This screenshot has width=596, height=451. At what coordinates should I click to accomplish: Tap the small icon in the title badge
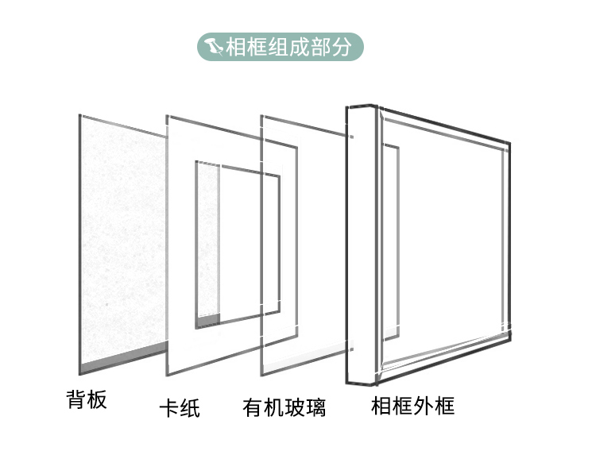tap(214, 47)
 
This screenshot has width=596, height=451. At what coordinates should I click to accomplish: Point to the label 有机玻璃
tap(284, 407)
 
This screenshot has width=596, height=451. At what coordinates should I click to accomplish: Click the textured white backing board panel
tap(119, 238)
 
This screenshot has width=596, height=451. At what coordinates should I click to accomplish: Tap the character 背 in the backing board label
tap(75, 398)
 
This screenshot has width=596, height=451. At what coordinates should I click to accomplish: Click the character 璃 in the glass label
tap(315, 407)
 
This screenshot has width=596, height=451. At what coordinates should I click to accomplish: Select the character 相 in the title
tap(235, 47)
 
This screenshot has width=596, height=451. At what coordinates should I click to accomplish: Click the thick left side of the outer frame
tap(360, 246)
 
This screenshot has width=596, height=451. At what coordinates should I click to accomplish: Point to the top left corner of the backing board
tap(79, 115)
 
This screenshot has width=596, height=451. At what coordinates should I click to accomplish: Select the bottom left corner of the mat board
tap(168, 374)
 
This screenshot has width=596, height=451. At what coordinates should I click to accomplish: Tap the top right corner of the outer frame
tap(509, 145)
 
